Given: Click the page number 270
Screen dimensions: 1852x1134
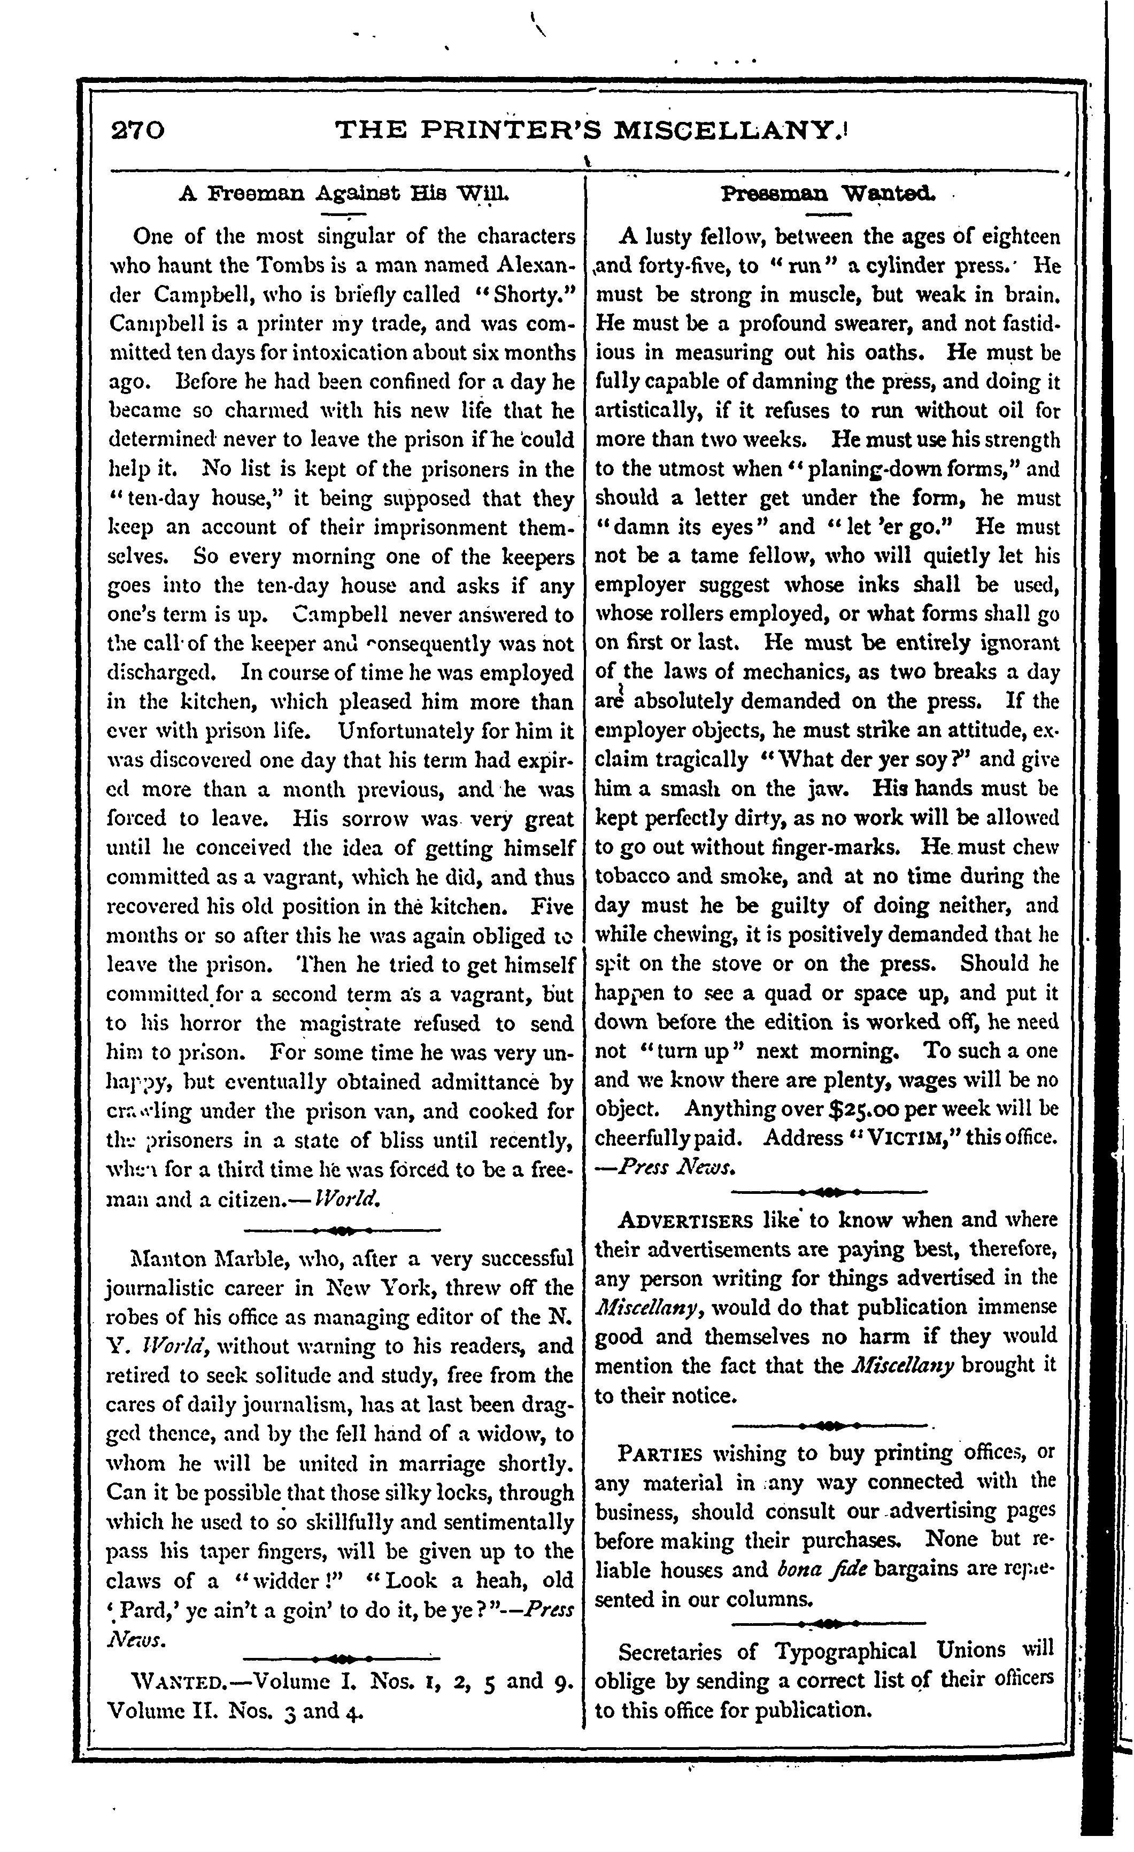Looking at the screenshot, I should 137,132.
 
